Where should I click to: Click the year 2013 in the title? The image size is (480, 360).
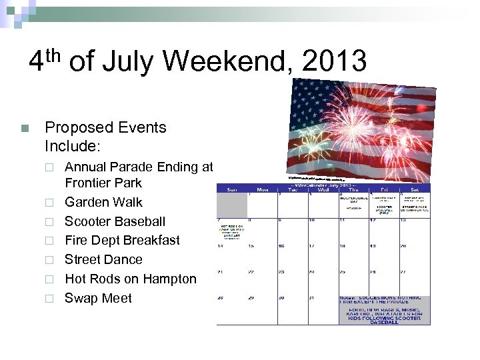334,61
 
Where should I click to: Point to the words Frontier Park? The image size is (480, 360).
103,183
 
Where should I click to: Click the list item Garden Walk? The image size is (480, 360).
103,202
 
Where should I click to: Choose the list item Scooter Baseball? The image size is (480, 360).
115,221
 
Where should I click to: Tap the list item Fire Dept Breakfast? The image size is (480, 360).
122,240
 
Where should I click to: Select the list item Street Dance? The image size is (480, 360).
103,259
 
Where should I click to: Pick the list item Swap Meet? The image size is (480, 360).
98,298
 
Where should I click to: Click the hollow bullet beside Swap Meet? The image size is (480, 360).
49,299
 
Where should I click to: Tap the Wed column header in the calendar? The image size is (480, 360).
323,189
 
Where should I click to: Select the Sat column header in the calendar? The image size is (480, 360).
414,189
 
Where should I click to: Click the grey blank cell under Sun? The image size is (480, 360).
231,203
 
